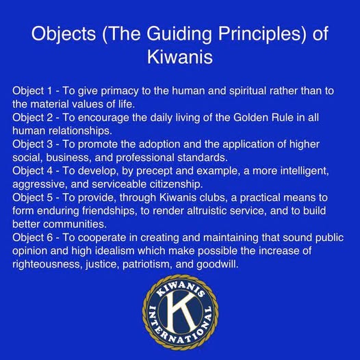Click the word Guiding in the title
click(x=179, y=34)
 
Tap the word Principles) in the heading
click(x=262, y=34)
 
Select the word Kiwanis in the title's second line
click(x=180, y=57)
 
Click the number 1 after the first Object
click(x=49, y=91)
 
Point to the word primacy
click(x=120, y=92)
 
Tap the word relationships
click(x=80, y=131)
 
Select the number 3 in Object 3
click(x=50, y=144)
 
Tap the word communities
click(x=75, y=224)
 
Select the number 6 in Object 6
click(x=50, y=237)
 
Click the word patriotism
click(x=147, y=264)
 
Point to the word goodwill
click(x=218, y=264)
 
